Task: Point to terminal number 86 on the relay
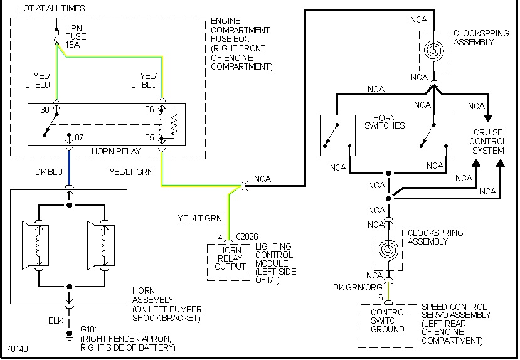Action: [150, 110]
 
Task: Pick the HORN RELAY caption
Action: [115, 152]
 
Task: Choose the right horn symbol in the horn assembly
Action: [100, 243]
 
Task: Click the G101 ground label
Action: [90, 328]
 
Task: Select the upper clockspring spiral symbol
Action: [433, 49]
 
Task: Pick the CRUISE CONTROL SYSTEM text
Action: [489, 141]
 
